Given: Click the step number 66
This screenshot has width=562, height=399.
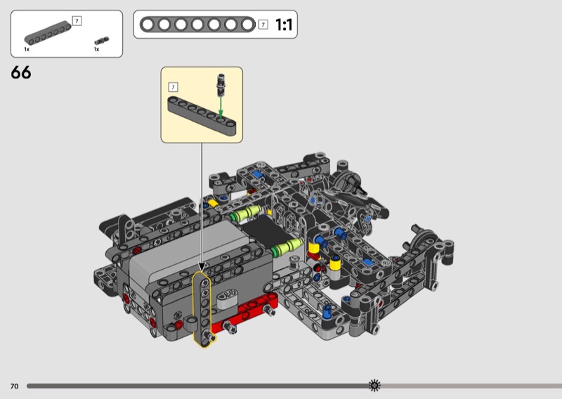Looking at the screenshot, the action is pyautogui.click(x=21, y=72).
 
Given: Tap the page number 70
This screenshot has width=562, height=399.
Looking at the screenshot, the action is pyautogui.click(x=14, y=386).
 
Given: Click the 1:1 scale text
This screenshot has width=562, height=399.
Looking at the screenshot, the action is pyautogui.click(x=284, y=25).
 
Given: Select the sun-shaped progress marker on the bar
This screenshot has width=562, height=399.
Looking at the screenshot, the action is pyautogui.click(x=374, y=386).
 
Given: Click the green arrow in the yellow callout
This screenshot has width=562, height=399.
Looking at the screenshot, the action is pyautogui.click(x=221, y=107).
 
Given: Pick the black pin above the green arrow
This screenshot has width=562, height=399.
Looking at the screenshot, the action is pyautogui.click(x=221, y=85).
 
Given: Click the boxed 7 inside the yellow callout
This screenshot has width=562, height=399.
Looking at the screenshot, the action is pyautogui.click(x=173, y=87).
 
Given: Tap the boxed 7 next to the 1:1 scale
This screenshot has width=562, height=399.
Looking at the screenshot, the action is pyautogui.click(x=263, y=25).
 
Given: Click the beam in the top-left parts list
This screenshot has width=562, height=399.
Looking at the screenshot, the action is pyautogui.click(x=48, y=33).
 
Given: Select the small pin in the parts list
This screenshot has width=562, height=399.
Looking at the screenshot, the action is pyautogui.click(x=102, y=41).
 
